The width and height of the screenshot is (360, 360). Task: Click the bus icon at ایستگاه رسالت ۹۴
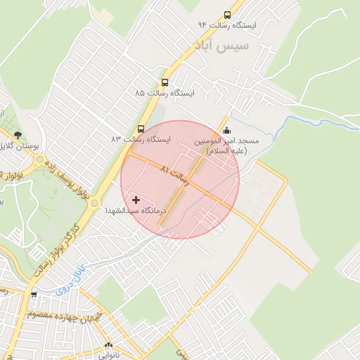pos(226,14)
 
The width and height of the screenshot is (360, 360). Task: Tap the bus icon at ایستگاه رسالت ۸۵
pos(165,82)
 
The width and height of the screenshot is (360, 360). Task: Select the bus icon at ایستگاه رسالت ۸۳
pos(141,129)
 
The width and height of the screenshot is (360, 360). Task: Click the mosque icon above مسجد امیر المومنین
pos(226,130)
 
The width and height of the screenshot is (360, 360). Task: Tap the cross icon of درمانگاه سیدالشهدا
pos(136,200)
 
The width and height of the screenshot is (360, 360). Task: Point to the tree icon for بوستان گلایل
pos(18,134)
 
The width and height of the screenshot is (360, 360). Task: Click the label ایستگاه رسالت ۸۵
pos(165,93)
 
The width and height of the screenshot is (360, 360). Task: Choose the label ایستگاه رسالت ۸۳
pos(141,140)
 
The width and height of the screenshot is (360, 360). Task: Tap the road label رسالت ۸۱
pos(175,174)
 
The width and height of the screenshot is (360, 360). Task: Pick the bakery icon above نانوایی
pos(108,345)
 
